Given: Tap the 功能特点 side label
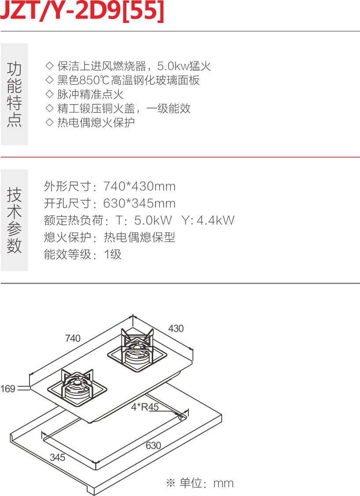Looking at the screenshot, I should click(x=14, y=94).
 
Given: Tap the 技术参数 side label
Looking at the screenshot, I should click(x=14, y=220).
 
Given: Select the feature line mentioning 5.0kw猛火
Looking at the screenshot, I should click(x=129, y=66).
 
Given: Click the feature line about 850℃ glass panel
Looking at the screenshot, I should click(x=123, y=81).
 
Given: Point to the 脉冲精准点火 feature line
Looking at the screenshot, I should click(x=85, y=94).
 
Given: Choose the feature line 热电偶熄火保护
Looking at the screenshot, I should click(x=90, y=122).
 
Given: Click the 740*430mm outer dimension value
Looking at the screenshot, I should click(x=139, y=187).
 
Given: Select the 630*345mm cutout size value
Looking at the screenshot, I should click(x=139, y=203).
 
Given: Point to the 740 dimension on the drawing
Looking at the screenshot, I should click(x=73, y=338).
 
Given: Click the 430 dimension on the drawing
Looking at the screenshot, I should click(x=176, y=328).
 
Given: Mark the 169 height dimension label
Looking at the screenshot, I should click(x=7, y=389).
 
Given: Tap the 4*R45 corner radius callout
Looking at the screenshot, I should click(x=144, y=407).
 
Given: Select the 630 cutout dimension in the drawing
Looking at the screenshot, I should click(x=153, y=445).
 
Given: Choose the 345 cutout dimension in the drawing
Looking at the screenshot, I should click(x=57, y=457).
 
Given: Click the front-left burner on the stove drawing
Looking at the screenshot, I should click(x=78, y=387).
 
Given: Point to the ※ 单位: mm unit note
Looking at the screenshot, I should click(x=200, y=483).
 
